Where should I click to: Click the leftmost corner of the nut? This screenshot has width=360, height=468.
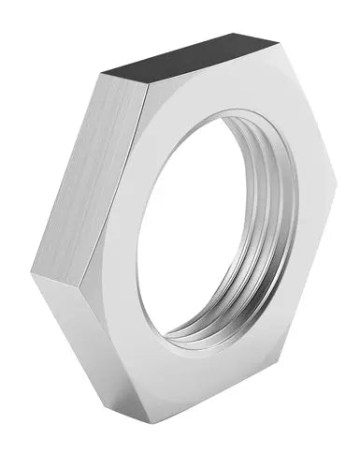click(x=32, y=271)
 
